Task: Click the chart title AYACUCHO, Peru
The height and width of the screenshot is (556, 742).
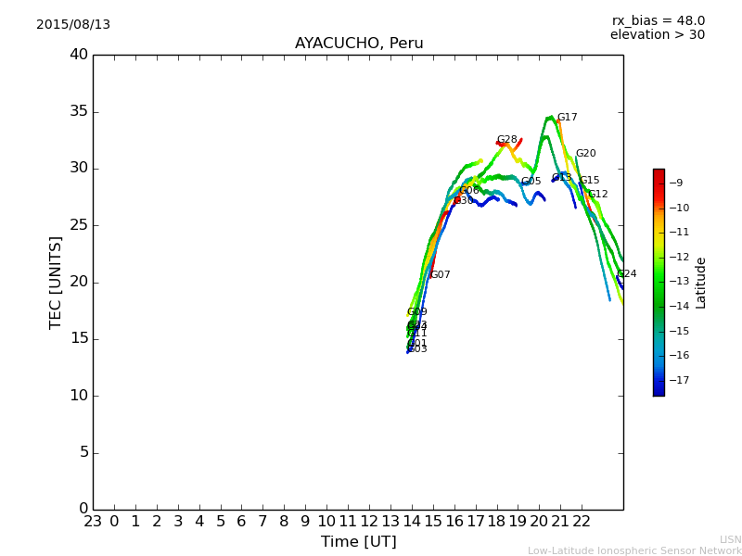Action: (358, 44)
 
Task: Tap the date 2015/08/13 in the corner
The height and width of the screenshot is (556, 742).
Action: (73, 25)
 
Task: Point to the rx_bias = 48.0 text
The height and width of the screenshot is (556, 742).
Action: (658, 21)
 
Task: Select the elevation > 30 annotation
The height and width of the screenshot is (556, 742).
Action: (657, 35)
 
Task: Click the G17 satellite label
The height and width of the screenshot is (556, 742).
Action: (567, 118)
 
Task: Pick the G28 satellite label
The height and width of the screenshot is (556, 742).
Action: (506, 140)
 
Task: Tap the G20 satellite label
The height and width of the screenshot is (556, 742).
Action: (585, 154)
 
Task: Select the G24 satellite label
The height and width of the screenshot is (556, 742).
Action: (627, 274)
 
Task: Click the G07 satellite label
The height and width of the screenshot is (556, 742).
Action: (440, 275)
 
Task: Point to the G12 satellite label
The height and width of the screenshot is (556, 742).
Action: (598, 195)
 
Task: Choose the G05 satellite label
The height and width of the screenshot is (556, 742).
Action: (531, 182)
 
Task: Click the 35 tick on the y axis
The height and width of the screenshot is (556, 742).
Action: (79, 112)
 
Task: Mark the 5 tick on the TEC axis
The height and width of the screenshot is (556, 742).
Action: (83, 452)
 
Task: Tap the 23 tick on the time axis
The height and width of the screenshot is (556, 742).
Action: (93, 522)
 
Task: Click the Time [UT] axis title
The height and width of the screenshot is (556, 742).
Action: (358, 542)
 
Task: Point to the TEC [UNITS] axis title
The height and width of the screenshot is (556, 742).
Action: (56, 282)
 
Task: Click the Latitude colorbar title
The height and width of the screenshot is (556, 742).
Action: (701, 283)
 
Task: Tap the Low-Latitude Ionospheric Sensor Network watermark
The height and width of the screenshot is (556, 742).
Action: (634, 551)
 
